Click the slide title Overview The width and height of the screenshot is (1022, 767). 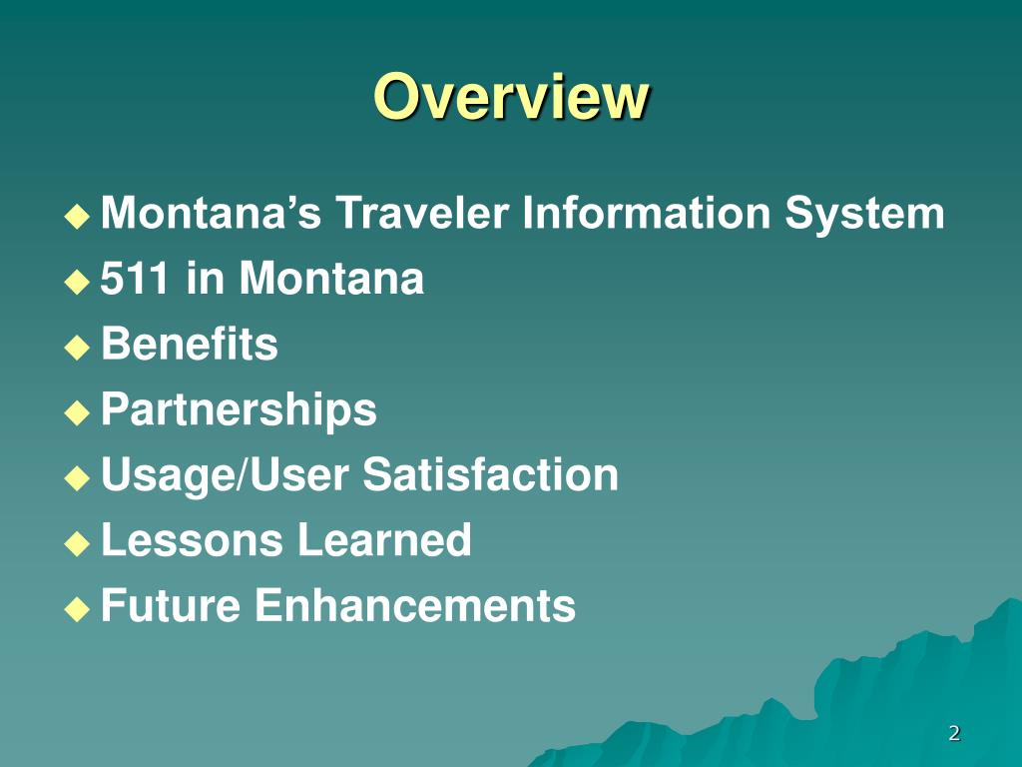click(511, 98)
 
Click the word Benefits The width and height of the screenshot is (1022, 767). click(190, 345)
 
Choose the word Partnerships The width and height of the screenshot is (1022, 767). click(239, 409)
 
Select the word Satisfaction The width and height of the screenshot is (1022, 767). click(490, 474)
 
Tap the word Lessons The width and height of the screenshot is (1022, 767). click(192, 540)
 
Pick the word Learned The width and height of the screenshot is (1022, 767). click(383, 540)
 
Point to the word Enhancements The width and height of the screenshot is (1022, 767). click(415, 605)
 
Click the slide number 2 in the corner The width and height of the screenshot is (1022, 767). click(954, 734)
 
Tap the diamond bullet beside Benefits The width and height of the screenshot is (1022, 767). click(77, 348)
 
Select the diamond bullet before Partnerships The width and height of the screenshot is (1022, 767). click(77, 412)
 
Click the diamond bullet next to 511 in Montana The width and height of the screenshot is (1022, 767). click(77, 283)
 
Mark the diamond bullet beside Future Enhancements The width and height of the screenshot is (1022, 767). click(77, 608)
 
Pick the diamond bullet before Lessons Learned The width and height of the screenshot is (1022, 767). click(77, 543)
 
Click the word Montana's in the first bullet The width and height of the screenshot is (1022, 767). click(211, 214)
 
